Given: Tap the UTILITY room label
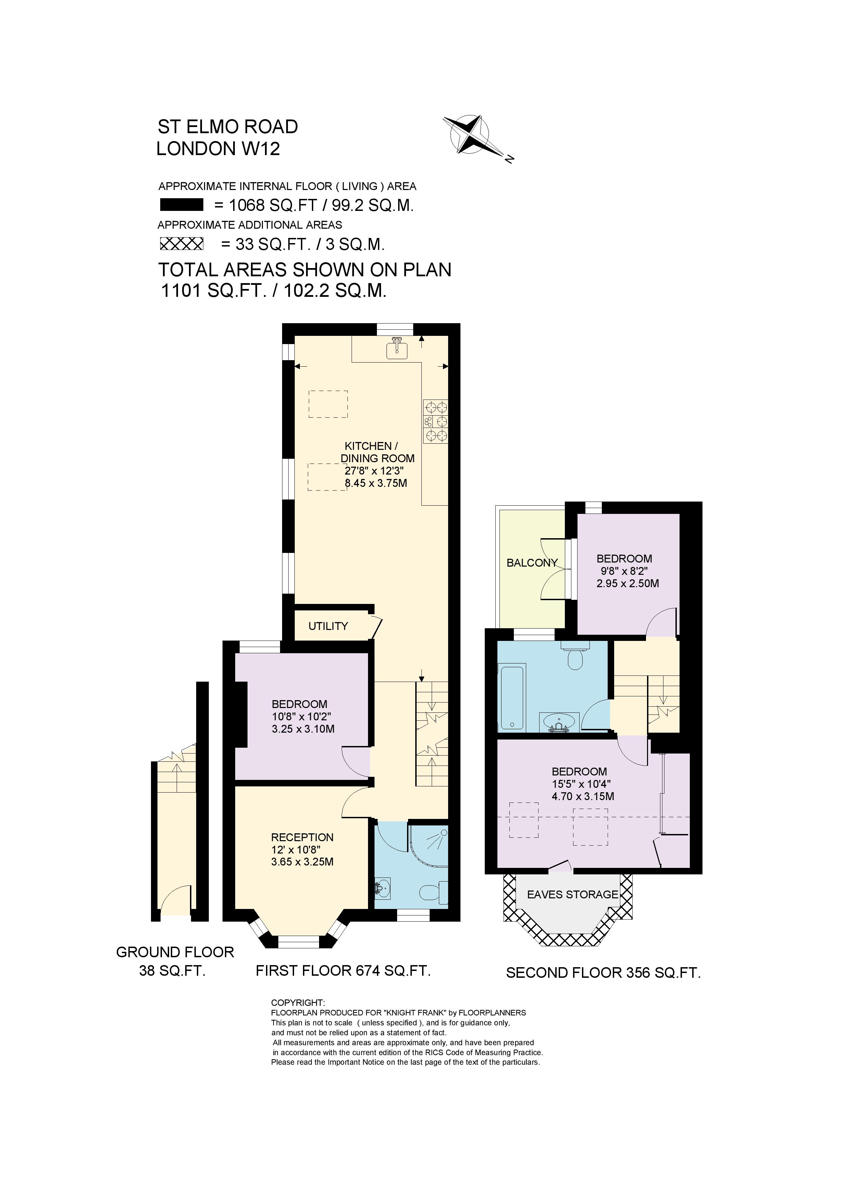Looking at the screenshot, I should point(328,626).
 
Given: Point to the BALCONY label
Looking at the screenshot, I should point(531,563).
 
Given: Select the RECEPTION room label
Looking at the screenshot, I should point(302,837).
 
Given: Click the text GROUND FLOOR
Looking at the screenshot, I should point(175,952).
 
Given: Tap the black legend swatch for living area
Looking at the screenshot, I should point(181,205).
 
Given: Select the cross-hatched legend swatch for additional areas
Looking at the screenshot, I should point(181,244).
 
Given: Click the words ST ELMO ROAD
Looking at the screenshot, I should point(228,127).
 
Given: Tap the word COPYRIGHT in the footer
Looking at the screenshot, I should point(297,1003).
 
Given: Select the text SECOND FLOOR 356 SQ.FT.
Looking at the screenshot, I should point(603,973).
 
